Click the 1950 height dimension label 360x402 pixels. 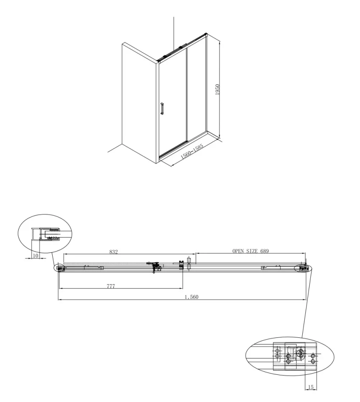217,89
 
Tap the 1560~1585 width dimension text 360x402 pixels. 192,151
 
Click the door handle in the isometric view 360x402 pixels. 162,108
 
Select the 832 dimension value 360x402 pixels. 113,252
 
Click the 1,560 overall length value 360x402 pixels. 191,297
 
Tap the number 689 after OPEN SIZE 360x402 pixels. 264,251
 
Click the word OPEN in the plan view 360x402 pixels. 239,251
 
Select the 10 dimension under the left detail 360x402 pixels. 35,256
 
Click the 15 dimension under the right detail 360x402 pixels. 311,387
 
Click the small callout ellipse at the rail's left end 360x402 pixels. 59,268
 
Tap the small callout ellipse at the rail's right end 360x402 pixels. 302,268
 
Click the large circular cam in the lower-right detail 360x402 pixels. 301,352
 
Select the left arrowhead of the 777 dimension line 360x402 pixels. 60,289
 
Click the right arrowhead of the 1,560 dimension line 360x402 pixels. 305,300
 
